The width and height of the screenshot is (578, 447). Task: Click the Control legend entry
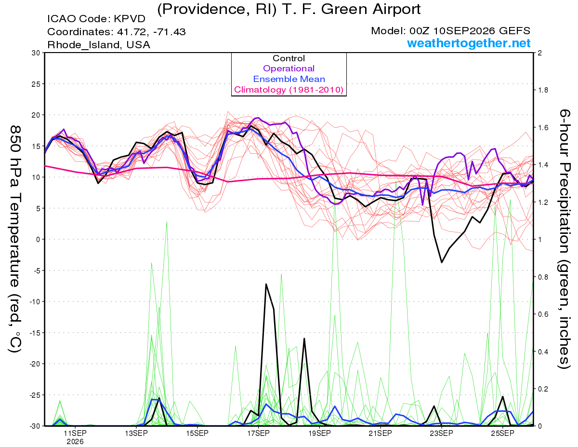tap(289, 58)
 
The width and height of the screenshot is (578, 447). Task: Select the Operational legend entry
tap(289, 68)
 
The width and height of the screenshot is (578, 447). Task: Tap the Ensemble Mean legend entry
tap(289, 79)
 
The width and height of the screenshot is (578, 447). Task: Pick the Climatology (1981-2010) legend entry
tap(289, 90)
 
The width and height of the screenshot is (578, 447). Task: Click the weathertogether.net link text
tap(469, 43)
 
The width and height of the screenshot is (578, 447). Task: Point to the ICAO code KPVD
tap(130, 19)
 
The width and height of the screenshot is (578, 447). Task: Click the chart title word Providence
tap(204, 10)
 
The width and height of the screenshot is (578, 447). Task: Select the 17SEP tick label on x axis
tap(258, 433)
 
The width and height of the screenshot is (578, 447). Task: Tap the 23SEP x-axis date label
tap(442, 433)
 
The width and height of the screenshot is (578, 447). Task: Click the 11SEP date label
tap(75, 433)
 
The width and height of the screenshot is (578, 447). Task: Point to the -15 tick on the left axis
tap(35, 333)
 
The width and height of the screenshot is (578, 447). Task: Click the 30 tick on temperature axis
tap(36, 53)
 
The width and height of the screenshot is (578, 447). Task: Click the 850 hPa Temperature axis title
tap(15, 239)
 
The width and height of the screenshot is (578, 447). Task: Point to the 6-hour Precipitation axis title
tap(564, 239)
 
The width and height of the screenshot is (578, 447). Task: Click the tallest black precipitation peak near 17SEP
tap(266, 284)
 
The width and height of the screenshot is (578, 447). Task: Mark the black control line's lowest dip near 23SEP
tap(442, 262)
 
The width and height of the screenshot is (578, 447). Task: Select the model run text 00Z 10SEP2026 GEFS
tap(470, 31)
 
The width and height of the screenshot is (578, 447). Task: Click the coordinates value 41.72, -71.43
tap(151, 32)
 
